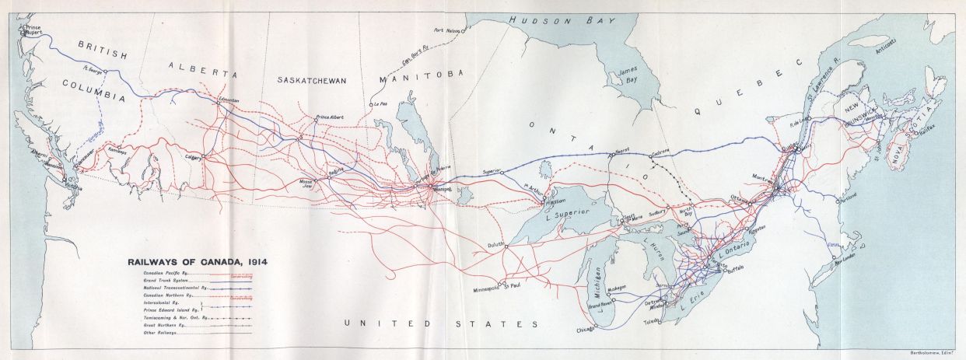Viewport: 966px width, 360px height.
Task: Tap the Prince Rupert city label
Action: click(x=32, y=29)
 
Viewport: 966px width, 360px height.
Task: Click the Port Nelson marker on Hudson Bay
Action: click(x=462, y=32)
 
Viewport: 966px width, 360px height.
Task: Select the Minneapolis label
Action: click(x=487, y=289)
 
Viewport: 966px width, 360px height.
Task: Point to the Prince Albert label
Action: click(x=328, y=117)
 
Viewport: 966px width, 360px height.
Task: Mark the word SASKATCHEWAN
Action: click(x=311, y=80)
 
